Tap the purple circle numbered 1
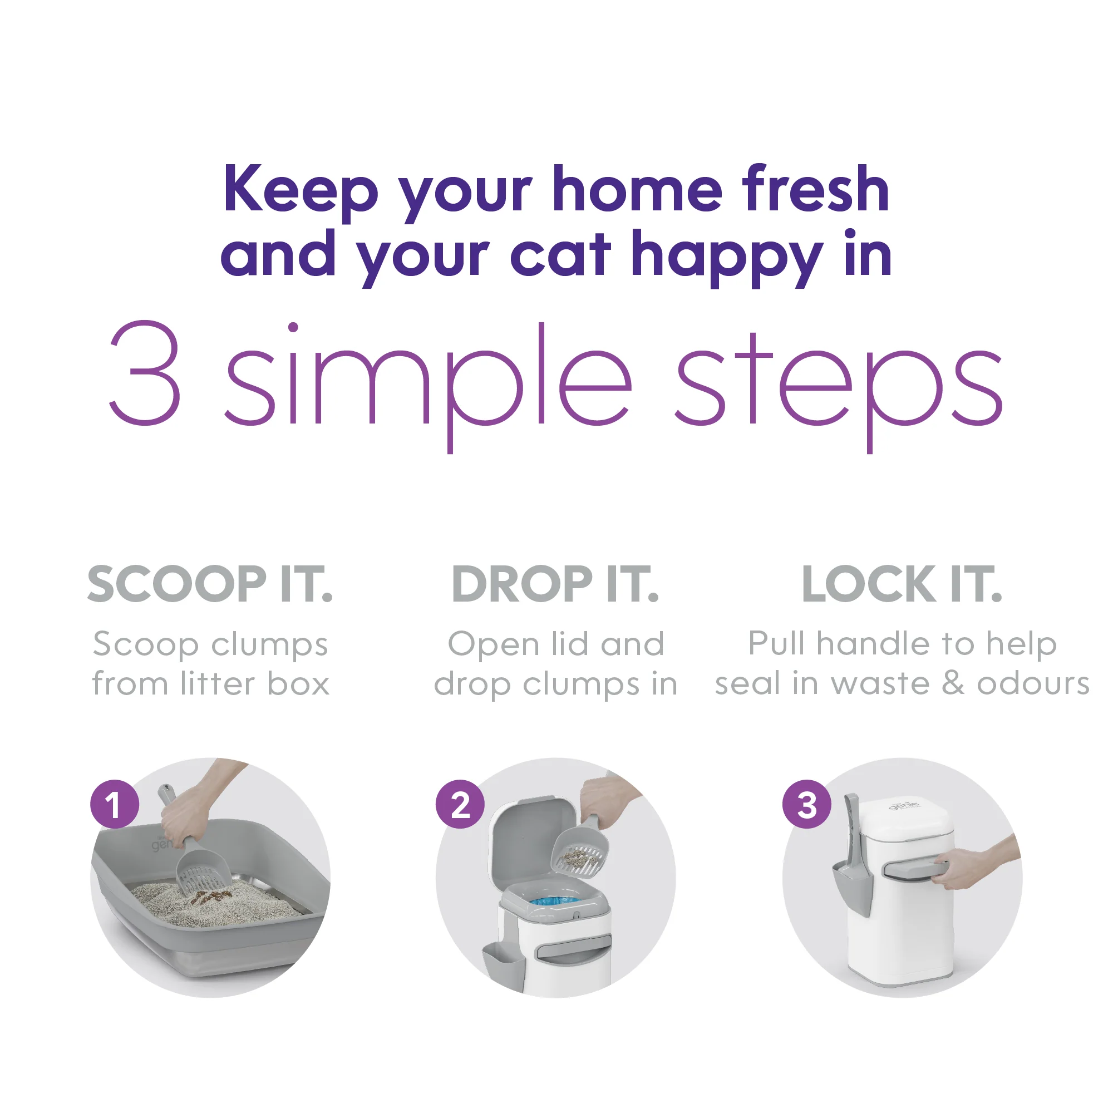tap(115, 804)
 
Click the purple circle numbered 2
tap(460, 804)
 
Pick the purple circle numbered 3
tap(807, 804)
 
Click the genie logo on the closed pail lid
tap(904, 804)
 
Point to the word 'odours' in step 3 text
tap(1033, 684)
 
